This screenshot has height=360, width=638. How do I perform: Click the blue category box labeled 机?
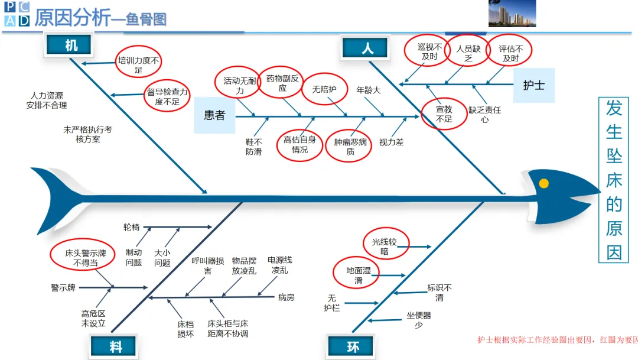coord(70,46)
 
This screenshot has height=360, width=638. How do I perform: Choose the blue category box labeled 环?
coord(353,346)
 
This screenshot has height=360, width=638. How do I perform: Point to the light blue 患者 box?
coord(214,116)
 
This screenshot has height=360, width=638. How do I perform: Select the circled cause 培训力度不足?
coord(138,64)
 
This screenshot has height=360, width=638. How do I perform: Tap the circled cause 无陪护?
coord(324,89)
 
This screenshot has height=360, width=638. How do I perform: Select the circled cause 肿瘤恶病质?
coord(350,147)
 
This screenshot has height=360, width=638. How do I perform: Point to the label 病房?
coord(286,297)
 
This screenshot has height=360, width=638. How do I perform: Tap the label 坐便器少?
coord(418,320)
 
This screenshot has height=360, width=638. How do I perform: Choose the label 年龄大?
coord(368,90)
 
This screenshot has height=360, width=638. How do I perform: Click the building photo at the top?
coord(512,13)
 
